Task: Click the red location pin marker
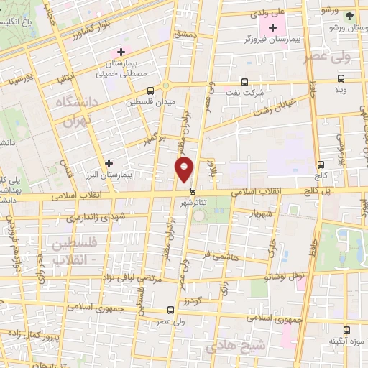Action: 185,170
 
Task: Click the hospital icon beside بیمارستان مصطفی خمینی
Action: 121,52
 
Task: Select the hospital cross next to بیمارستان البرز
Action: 109,164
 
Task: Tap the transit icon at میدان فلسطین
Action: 151,91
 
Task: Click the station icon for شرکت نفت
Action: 245,82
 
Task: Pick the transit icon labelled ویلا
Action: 341,79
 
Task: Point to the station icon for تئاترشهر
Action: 193,190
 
